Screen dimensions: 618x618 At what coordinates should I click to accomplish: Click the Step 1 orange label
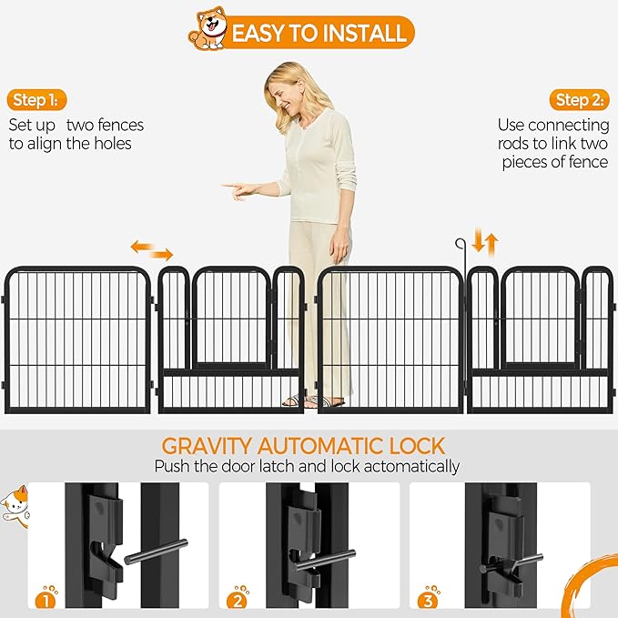click(x=36, y=100)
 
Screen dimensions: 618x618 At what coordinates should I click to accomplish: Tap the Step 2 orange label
click(x=580, y=100)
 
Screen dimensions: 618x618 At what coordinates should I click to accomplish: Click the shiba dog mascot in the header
click(x=208, y=28)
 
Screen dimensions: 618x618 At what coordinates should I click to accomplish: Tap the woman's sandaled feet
click(x=313, y=400)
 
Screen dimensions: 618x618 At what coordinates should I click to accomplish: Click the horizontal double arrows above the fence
click(x=152, y=250)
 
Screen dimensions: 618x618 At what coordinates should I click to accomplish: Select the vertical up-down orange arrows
click(x=485, y=242)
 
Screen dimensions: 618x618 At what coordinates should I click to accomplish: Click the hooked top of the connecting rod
click(x=460, y=244)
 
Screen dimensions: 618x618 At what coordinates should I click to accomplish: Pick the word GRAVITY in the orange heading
click(x=206, y=446)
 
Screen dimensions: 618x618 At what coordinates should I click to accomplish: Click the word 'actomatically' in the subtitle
click(x=411, y=467)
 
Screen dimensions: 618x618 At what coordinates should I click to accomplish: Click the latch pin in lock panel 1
click(x=156, y=552)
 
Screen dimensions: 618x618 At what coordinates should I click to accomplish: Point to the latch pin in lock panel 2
click(x=326, y=561)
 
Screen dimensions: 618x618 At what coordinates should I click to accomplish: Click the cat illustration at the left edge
click(x=15, y=506)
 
